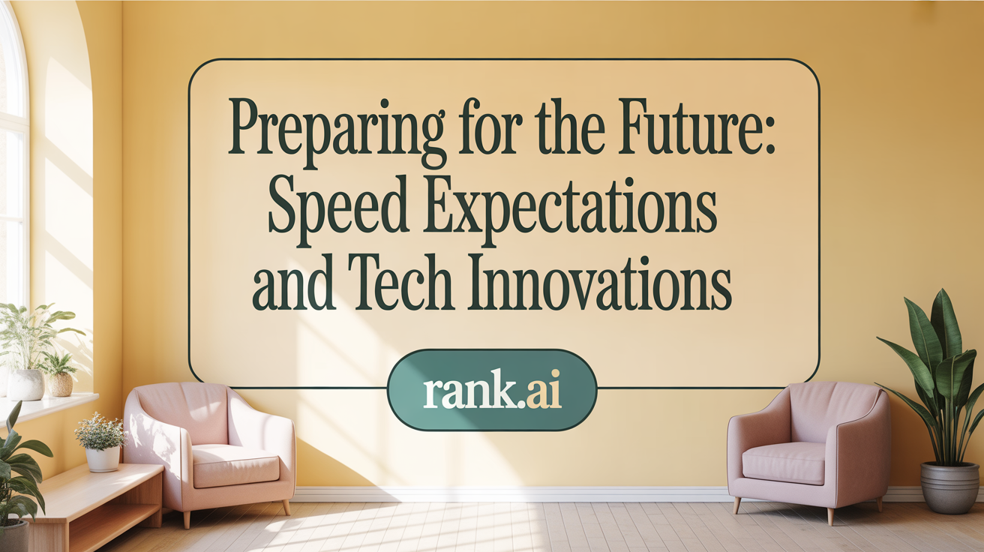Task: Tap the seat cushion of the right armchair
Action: tap(784, 462)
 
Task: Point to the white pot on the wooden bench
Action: tap(103, 458)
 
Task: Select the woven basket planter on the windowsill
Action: tap(61, 385)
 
